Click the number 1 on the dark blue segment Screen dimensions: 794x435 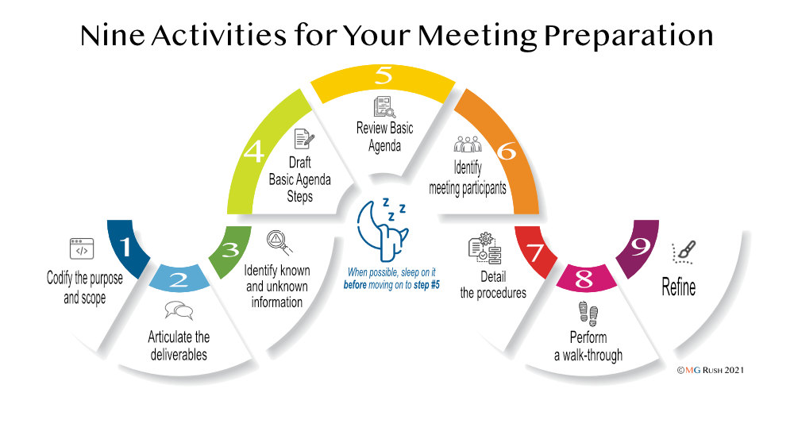(x=125, y=247)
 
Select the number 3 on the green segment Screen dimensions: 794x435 (x=230, y=249)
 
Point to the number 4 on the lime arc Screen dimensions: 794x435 (x=254, y=151)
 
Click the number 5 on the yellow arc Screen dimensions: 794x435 (x=384, y=75)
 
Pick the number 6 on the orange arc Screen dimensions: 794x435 (x=507, y=152)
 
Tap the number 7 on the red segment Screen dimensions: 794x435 (x=536, y=252)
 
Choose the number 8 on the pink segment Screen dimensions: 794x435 (x=584, y=279)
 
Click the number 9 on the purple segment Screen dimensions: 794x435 (x=640, y=247)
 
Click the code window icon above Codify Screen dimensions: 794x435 (x=82, y=248)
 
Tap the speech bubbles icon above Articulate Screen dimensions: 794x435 (x=179, y=310)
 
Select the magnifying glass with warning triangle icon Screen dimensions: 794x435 (x=279, y=242)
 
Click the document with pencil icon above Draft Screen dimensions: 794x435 (x=304, y=139)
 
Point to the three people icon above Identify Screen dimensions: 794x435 (x=468, y=144)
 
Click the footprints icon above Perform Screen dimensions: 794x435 (x=588, y=314)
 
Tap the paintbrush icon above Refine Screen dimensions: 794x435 (x=684, y=252)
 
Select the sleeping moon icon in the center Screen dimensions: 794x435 (x=383, y=229)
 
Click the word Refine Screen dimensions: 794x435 (x=679, y=287)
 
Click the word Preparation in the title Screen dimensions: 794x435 (x=628, y=36)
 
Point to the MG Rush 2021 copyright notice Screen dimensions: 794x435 (x=711, y=370)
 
